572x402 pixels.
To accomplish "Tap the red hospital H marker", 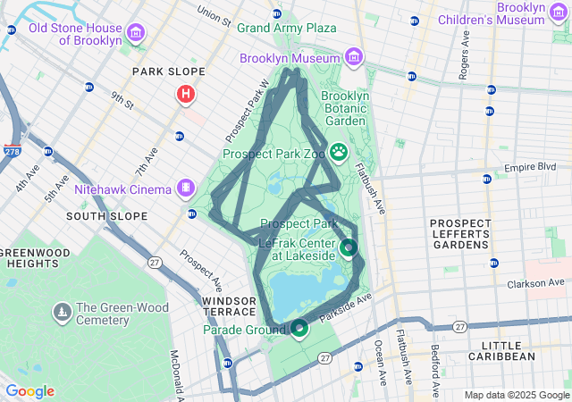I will (186, 93).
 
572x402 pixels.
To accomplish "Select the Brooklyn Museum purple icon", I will (355, 58).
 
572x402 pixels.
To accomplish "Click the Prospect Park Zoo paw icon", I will (339, 153).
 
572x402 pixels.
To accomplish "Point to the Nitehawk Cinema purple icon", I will (185, 188).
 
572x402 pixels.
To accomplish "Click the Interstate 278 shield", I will (13, 152).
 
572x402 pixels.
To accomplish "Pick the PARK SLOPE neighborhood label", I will (168, 71).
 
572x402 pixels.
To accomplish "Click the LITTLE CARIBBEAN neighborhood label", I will (515, 350).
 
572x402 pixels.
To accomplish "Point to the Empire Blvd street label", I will (530, 167).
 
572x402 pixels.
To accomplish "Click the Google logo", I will (29, 391).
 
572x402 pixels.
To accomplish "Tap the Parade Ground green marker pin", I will (299, 329).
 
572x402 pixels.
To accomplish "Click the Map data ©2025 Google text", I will (517, 395).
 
